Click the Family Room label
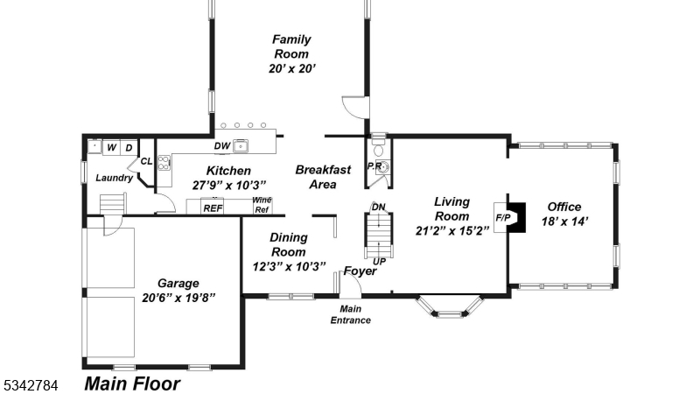[290, 46]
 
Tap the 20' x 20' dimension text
[291, 68]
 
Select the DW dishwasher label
[222, 146]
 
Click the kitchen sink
[240, 146]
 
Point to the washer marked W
[112, 148]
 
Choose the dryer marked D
[129, 148]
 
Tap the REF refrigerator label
[213, 208]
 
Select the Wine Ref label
[262, 205]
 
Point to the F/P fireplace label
[504, 216]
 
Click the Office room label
[563, 207]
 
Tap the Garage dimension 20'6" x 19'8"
[178, 298]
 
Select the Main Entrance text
[350, 314]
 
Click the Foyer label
[360, 271]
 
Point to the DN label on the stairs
[379, 208]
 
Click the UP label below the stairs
[379, 261]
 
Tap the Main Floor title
[132, 383]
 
